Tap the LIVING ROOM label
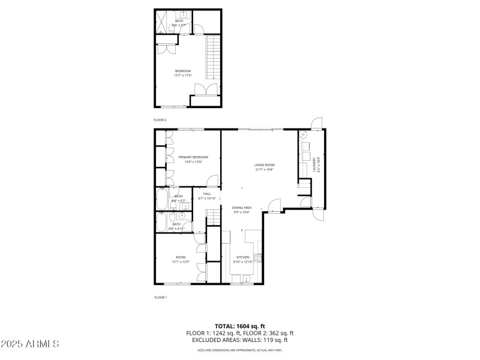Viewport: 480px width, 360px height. click(264, 165)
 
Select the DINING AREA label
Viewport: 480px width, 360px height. click(242, 208)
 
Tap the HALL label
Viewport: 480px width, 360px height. click(207, 194)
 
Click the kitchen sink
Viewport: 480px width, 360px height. click(246, 278)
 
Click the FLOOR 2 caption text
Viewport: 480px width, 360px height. click(160, 120)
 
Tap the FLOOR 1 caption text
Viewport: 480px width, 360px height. click(160, 297)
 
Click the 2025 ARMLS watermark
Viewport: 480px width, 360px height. click(30, 344)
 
